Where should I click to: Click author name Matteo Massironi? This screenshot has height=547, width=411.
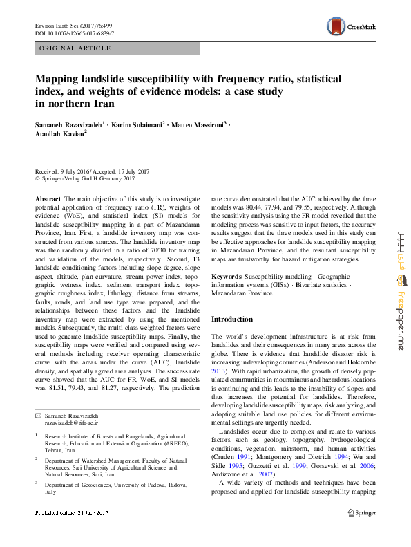click(x=196, y=124)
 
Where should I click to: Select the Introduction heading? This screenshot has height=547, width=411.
click(x=231, y=319)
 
